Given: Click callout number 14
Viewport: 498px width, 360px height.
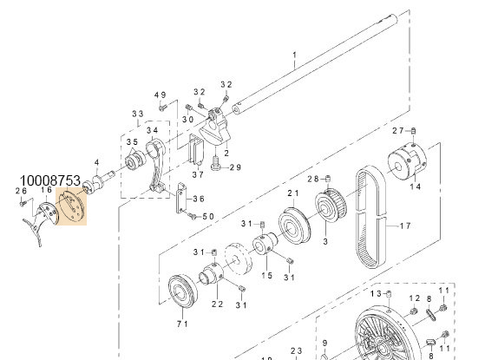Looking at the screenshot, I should tap(414, 187).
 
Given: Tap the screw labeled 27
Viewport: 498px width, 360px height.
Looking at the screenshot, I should tap(414, 130).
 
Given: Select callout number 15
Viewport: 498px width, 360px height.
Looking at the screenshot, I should tap(268, 275).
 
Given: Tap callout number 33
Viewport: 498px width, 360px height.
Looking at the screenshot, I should tap(137, 114).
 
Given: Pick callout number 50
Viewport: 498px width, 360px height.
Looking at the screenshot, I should tap(207, 216).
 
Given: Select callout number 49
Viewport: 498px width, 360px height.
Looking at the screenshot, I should tap(160, 95).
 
